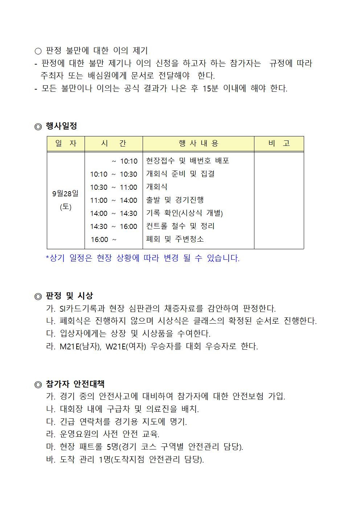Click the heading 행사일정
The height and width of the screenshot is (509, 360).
(x=61, y=126)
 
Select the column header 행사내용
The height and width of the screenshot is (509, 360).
(x=198, y=144)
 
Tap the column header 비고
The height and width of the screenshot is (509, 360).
(x=279, y=144)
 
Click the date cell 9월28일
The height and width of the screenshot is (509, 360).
(x=65, y=193)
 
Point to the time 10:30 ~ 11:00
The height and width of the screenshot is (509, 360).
(x=114, y=187)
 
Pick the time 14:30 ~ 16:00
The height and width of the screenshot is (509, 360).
(x=114, y=226)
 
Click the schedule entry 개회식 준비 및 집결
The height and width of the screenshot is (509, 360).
(x=180, y=174)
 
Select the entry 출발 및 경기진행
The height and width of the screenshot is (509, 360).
(x=175, y=200)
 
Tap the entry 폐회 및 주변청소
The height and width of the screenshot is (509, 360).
(x=175, y=239)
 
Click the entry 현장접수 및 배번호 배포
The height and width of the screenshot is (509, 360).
(x=187, y=161)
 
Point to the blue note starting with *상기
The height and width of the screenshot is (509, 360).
(x=142, y=258)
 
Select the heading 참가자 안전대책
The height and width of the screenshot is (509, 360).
(x=75, y=384)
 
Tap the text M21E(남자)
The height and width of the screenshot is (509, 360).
(x=80, y=346)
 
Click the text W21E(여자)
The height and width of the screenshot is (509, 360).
(x=126, y=346)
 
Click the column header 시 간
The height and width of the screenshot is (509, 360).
(x=114, y=144)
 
